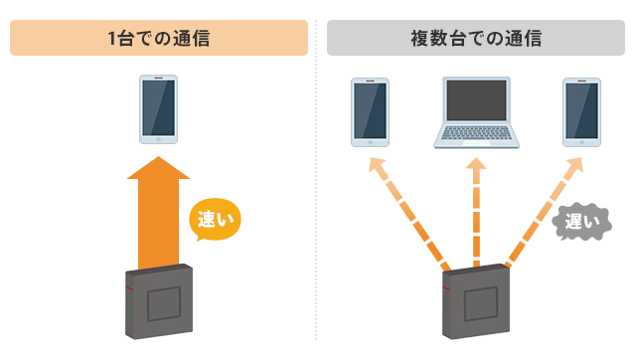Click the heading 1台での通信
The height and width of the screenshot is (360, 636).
(x=159, y=40)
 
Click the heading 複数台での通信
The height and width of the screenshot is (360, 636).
(x=476, y=40)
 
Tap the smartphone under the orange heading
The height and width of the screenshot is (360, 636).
(x=158, y=108)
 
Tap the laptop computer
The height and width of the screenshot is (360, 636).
(x=476, y=113)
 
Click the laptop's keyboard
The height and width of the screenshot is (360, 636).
(x=476, y=139)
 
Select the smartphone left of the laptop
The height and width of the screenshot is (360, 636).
(x=370, y=110)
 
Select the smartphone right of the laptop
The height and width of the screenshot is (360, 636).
(x=581, y=110)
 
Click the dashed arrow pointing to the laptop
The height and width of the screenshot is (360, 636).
(x=476, y=214)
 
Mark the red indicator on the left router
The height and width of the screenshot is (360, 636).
(x=128, y=288)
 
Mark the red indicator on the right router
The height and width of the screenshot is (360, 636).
(x=446, y=288)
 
